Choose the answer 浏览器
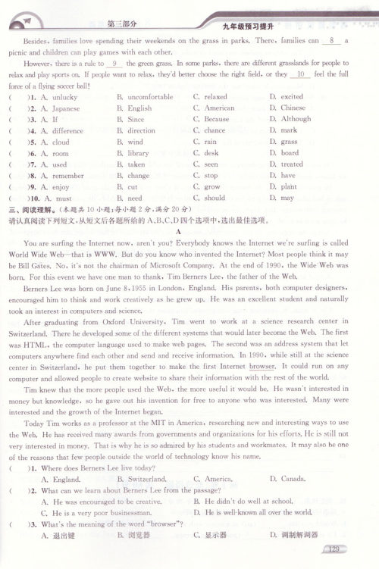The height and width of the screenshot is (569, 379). pyautogui.click(x=136, y=535)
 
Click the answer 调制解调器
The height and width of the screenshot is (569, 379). pyautogui.click(x=296, y=535)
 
